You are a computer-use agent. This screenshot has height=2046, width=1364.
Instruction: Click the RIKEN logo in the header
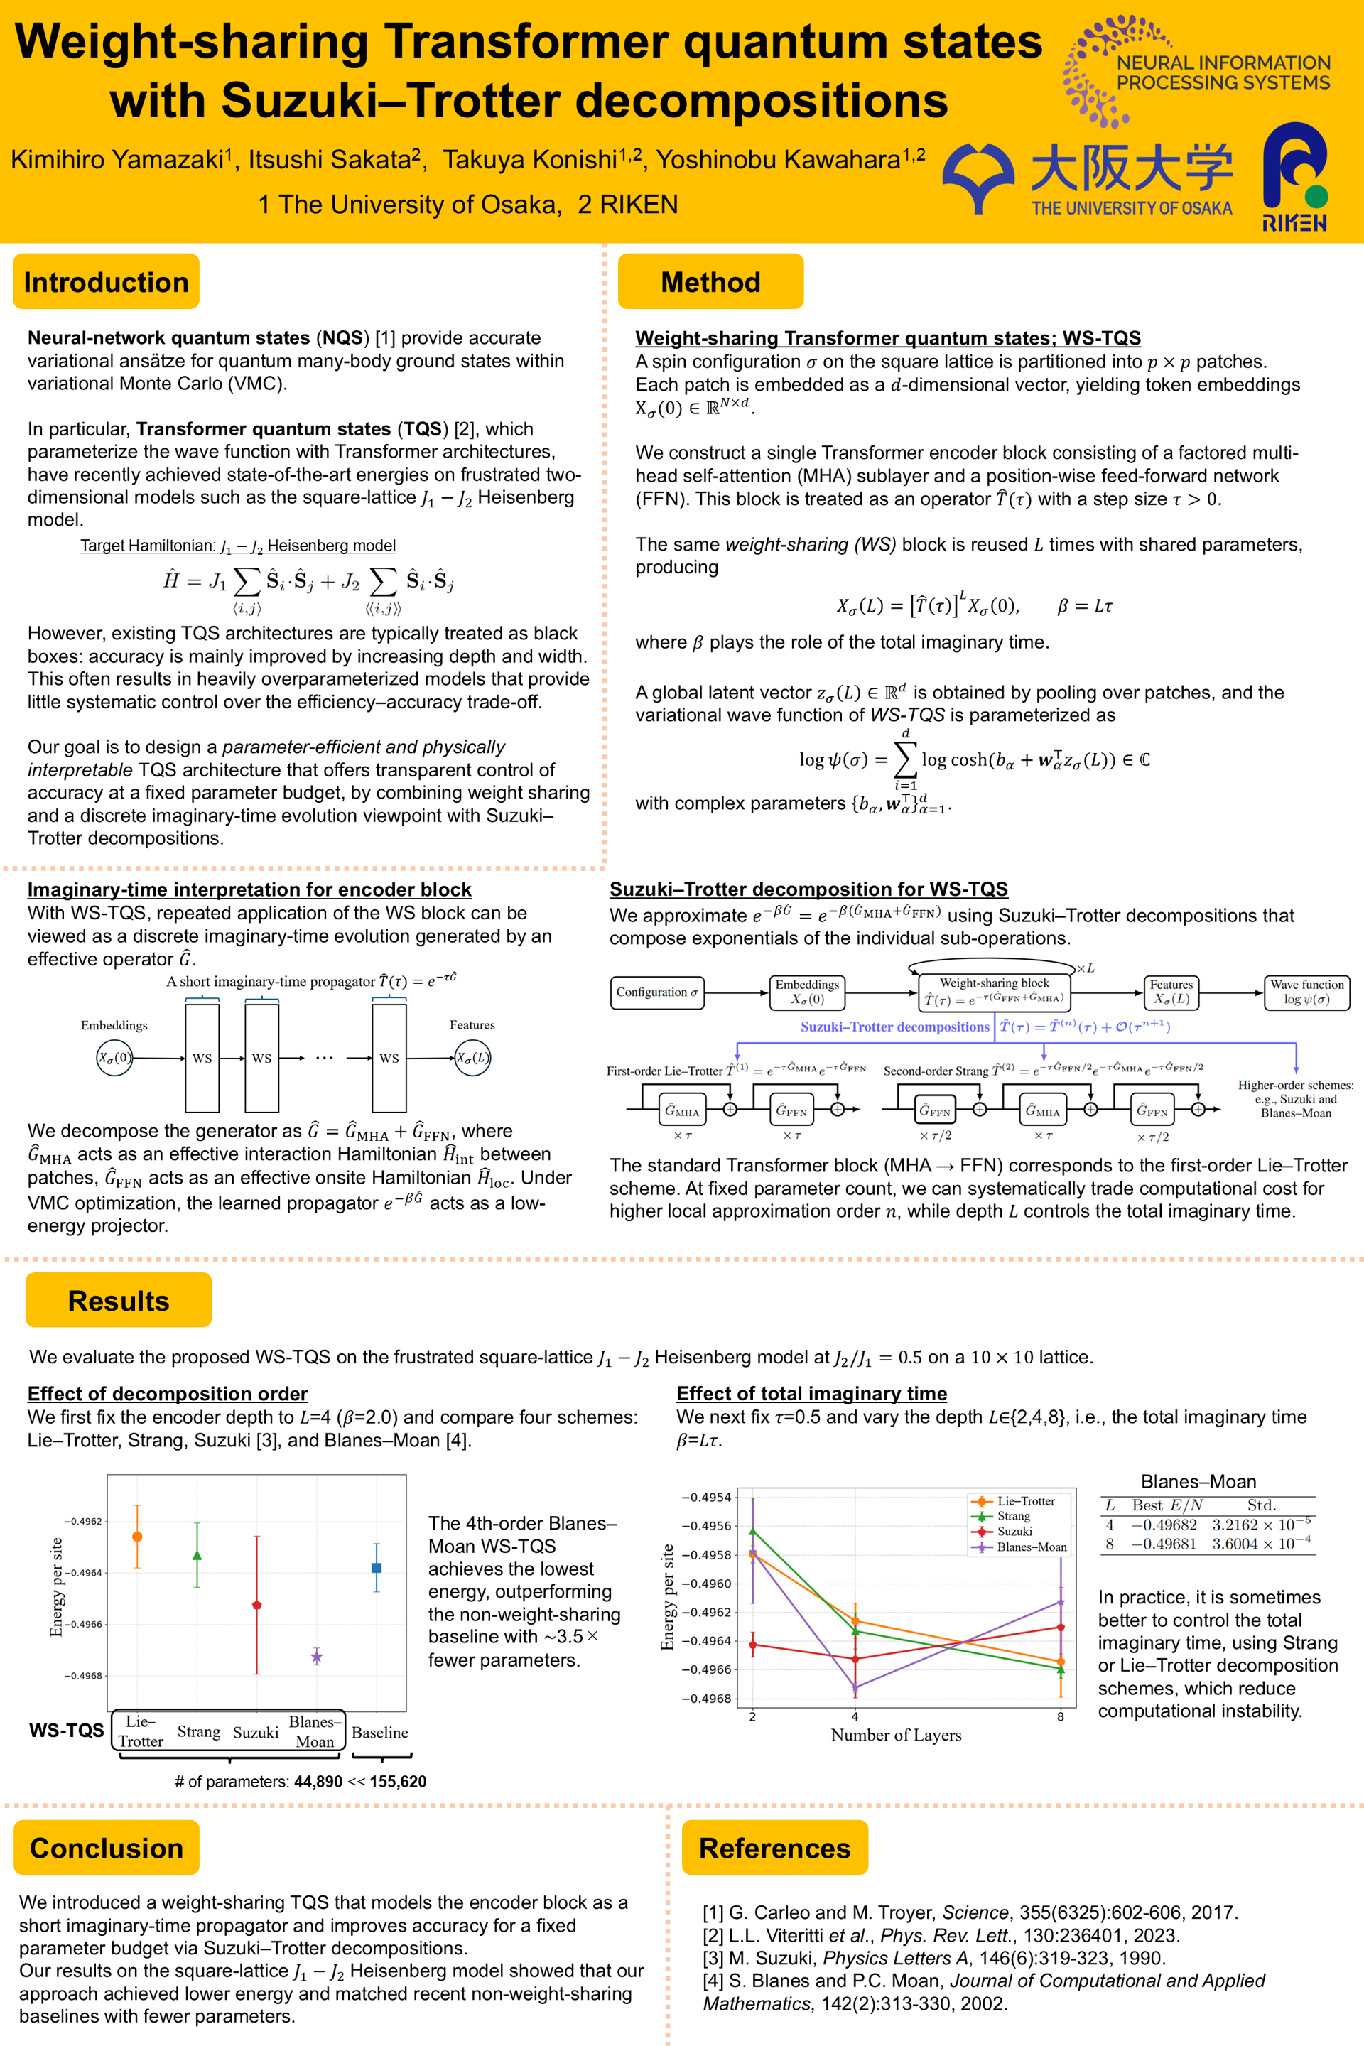point(1294,177)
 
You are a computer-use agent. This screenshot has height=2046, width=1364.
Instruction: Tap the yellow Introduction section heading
point(106,282)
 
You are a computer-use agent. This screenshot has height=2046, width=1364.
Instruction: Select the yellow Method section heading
point(710,282)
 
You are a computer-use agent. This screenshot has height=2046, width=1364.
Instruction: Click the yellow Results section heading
point(119,1301)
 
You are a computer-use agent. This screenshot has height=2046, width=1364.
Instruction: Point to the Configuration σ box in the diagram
point(656,992)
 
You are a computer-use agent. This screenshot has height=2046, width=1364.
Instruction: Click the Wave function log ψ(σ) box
point(1306,992)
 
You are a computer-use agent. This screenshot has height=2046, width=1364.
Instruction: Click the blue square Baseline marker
point(377,1568)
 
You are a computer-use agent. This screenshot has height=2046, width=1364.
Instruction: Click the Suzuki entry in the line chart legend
point(1014,1531)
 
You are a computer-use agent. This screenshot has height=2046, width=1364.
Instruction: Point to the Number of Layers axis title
point(896,1735)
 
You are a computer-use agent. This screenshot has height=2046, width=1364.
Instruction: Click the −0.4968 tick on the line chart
point(705,1698)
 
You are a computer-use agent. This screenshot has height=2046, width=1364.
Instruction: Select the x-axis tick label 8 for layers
point(1061,1716)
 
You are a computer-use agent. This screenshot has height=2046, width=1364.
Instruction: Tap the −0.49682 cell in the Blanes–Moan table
point(1164,1525)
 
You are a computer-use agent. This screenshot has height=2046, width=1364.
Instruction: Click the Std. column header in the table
point(1262,1505)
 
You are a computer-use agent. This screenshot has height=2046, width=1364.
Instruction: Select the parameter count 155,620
point(398,1782)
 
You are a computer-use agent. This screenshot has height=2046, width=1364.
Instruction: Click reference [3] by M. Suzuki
point(933,1957)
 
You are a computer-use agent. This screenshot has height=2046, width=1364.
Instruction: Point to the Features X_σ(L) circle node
point(472,1058)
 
